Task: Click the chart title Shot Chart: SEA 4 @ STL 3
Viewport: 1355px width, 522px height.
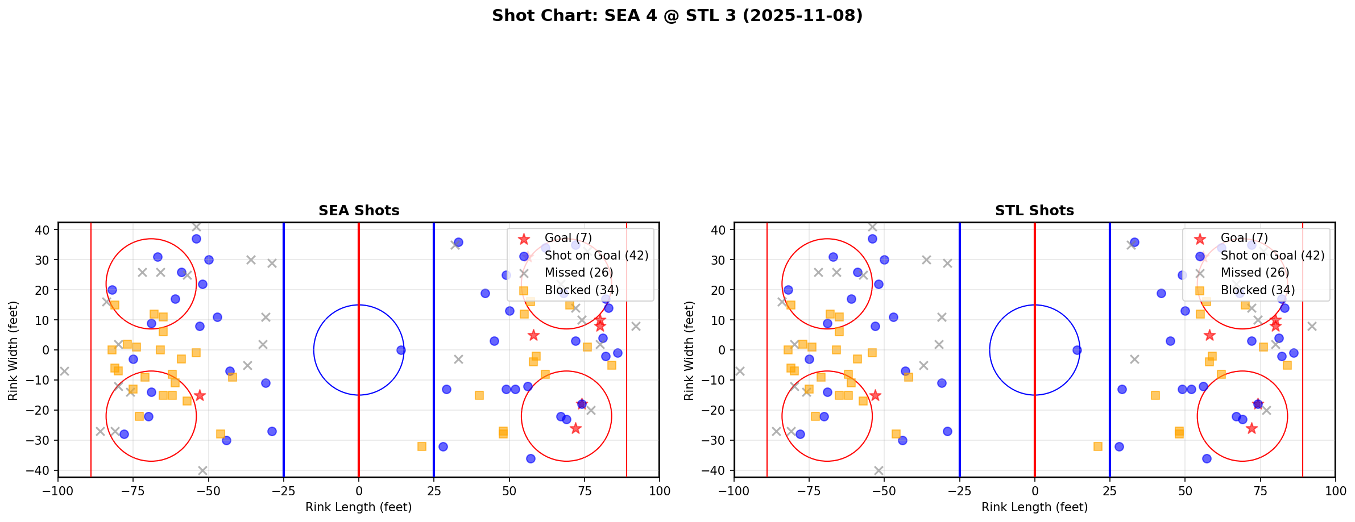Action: click(677, 16)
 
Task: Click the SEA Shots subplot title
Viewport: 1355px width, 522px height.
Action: click(358, 211)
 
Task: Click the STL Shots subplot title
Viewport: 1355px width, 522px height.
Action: click(1034, 211)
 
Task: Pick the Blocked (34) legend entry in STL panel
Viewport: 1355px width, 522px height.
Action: click(1257, 290)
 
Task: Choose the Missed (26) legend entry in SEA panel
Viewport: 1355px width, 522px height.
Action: click(578, 273)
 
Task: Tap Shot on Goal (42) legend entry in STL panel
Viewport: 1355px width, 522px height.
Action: click(1272, 256)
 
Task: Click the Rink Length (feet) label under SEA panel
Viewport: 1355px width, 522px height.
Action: click(358, 507)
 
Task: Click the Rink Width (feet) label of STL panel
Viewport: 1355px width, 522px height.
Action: click(689, 350)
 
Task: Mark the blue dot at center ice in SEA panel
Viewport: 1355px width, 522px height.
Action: click(401, 350)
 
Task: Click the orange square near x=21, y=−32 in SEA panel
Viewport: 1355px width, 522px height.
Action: click(422, 446)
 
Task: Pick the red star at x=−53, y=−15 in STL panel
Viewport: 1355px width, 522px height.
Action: click(876, 395)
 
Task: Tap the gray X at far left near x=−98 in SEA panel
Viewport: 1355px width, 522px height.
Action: click(64, 371)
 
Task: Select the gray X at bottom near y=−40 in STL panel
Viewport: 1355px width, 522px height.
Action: click(879, 470)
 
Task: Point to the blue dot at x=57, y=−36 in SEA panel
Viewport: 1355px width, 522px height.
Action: click(531, 458)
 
